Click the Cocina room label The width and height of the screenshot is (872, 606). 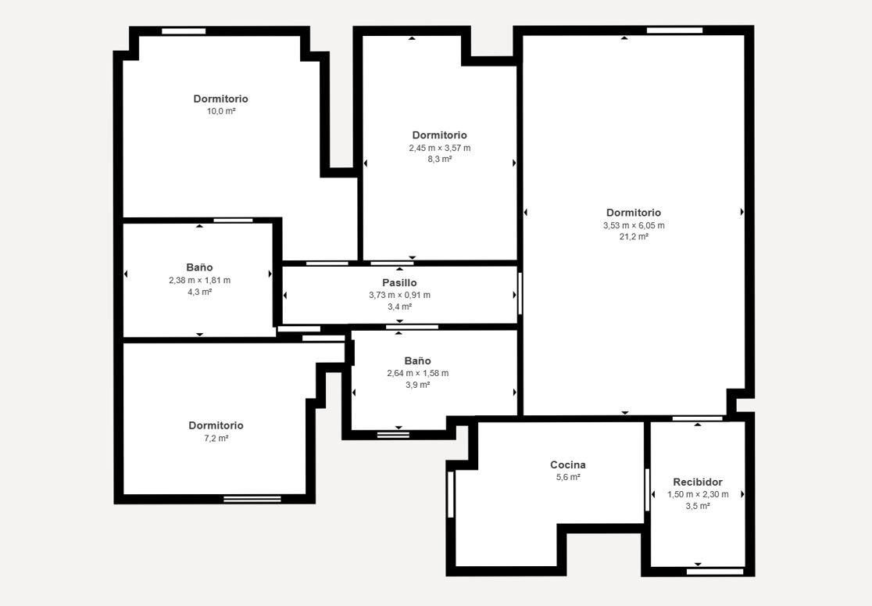[568, 464]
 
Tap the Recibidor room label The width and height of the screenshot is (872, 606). [698, 482]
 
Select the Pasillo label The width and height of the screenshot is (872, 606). [399, 283]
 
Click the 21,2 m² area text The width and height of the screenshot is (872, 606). [634, 236]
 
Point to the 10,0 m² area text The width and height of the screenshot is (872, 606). [221, 111]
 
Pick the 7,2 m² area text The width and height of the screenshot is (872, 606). [216, 438]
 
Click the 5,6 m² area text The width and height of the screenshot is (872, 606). [568, 477]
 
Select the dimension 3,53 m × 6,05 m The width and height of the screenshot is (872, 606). [634, 225]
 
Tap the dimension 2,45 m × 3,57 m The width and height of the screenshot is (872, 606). [440, 148]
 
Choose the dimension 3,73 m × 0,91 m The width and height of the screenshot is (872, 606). [399, 295]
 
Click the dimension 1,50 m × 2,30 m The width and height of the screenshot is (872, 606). [698, 494]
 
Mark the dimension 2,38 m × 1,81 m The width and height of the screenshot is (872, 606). [200, 280]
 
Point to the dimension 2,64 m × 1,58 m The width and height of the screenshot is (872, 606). [418, 373]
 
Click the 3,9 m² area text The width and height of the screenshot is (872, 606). [418, 385]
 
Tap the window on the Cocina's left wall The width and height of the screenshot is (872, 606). [451, 494]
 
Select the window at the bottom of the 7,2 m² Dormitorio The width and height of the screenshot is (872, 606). [252, 499]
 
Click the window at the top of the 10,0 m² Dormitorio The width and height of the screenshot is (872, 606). [184, 31]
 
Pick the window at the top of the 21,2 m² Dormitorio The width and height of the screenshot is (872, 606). [674, 30]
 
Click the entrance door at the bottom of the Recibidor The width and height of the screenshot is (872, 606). [715, 572]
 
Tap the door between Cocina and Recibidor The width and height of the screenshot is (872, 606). [647, 489]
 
